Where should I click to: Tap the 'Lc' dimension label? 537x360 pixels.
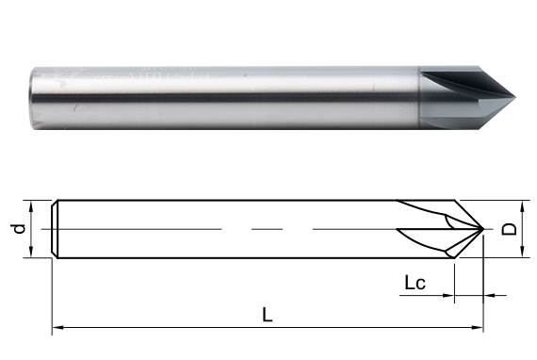pos(415,283)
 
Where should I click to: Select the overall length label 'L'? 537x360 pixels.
pos(268,315)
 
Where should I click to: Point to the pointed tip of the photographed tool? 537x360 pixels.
pos(514,97)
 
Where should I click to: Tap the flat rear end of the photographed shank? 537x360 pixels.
pos(33,99)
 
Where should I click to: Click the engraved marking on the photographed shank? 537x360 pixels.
pos(151,76)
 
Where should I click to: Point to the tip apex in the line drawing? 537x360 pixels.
pos(483,228)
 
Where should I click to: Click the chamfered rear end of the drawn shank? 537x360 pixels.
pos(55,229)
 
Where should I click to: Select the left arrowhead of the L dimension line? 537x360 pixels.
pos(58,328)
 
